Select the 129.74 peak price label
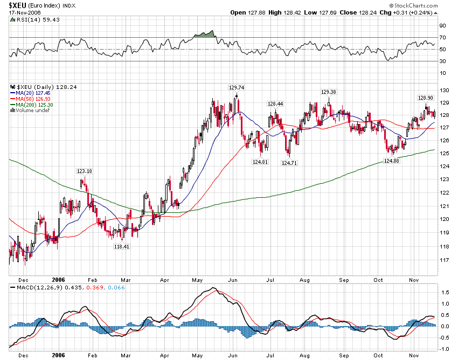click(236, 87)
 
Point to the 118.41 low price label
click(122, 246)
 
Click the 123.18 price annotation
click(85, 171)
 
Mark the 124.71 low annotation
click(290, 162)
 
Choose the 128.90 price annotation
click(426, 98)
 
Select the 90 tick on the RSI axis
click(442, 25)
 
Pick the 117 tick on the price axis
click(444, 260)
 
